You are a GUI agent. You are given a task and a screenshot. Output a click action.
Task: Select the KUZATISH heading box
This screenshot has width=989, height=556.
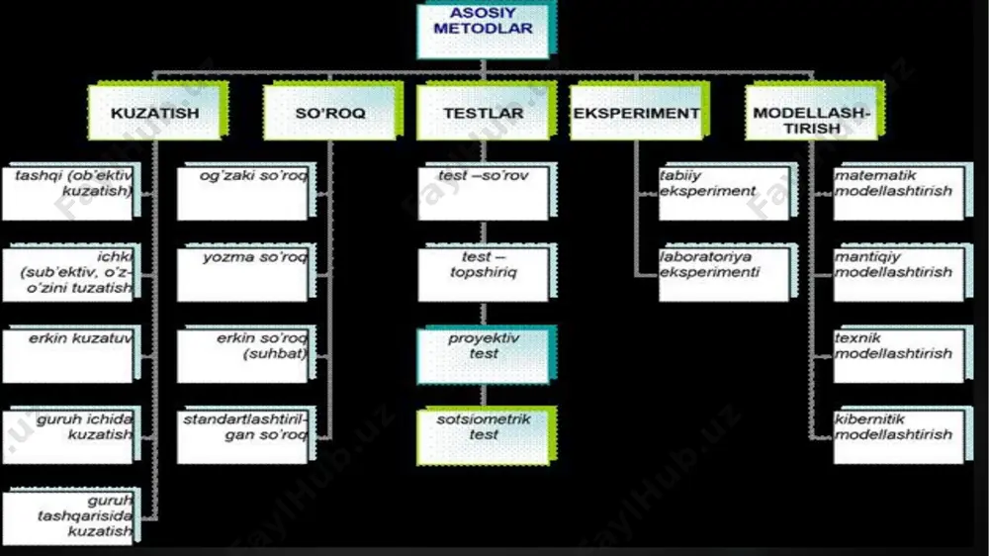157,111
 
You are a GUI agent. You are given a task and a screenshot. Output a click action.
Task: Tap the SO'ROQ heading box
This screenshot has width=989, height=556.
333,111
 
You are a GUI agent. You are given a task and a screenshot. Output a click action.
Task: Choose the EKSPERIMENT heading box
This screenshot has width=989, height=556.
640,111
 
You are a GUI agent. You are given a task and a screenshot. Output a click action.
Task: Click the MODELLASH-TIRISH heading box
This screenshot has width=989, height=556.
815,111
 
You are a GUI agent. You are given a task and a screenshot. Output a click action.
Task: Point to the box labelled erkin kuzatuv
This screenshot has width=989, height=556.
71,355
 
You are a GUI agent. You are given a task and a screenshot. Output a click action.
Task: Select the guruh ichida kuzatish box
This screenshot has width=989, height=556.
71,436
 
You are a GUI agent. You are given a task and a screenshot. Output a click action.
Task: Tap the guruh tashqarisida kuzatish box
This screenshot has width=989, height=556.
71,517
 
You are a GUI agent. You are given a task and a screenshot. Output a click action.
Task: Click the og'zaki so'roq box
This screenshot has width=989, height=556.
246,193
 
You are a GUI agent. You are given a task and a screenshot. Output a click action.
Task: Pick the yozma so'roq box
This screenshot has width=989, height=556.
246,274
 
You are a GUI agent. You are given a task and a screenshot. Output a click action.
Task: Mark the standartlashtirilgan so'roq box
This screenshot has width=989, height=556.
246,436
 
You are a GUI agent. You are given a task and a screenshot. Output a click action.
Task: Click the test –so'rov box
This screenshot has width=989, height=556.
487,193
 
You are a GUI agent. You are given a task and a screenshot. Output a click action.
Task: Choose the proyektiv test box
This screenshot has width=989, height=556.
487,355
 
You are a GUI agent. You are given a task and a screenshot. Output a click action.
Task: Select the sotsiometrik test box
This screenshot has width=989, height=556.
487,436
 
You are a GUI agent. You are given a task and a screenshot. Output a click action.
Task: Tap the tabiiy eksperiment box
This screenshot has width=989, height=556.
728,193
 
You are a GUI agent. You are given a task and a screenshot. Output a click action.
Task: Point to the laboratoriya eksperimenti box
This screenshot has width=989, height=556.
728,274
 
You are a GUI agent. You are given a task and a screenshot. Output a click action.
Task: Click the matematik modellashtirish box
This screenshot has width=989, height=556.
903,193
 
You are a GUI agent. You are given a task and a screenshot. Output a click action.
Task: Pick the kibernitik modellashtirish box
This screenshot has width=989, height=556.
903,436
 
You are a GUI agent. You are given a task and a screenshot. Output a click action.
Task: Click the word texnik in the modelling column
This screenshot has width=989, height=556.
857,338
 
